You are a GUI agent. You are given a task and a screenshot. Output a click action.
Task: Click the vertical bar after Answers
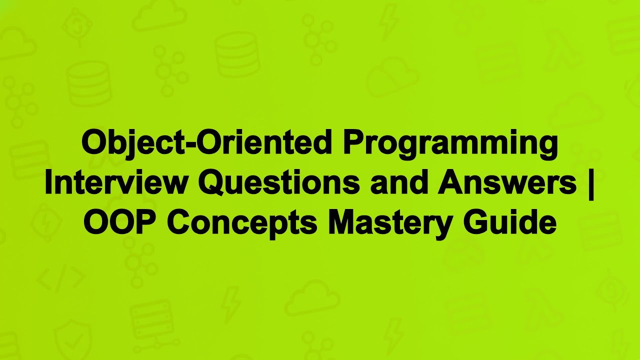point(591,183)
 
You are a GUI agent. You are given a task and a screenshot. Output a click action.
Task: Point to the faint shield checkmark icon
point(73,336)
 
